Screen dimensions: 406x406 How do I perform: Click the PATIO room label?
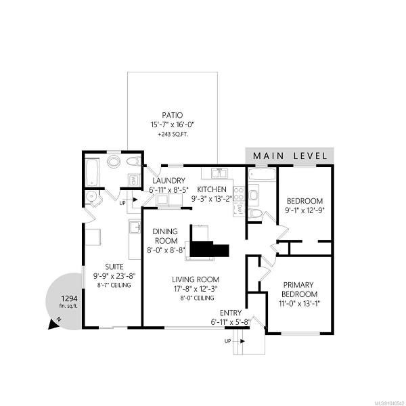pyautogui.click(x=172, y=115)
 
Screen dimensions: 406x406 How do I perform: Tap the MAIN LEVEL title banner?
pyautogui.click(x=290, y=156)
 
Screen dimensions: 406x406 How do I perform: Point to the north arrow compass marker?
pyautogui.click(x=55, y=323)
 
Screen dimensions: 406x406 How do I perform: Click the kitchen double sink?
pyautogui.click(x=220, y=173)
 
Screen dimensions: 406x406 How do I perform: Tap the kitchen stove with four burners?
pyautogui.click(x=239, y=194)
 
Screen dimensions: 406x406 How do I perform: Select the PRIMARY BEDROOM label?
pyautogui.click(x=299, y=290)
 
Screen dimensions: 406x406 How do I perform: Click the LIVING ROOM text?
pyautogui.click(x=196, y=279)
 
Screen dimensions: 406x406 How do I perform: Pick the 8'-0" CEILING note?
pyautogui.click(x=197, y=298)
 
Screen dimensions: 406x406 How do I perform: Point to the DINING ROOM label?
pyautogui.click(x=165, y=236)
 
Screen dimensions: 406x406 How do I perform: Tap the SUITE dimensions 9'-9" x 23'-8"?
pyautogui.click(x=114, y=276)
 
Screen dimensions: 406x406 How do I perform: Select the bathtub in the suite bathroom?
pyautogui.click(x=92, y=172)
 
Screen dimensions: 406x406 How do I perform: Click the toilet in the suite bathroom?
pyautogui.click(x=133, y=162)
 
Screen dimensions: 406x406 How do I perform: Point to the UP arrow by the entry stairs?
pyautogui.click(x=242, y=341)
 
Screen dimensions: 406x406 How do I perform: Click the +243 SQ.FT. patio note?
pyautogui.click(x=173, y=135)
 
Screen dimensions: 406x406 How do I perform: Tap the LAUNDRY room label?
pyautogui.click(x=168, y=181)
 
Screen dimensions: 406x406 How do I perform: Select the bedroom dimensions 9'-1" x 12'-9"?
pyautogui.click(x=304, y=210)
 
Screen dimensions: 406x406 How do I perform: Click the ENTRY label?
pyautogui.click(x=231, y=313)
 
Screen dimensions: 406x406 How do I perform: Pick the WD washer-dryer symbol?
pyautogui.click(x=135, y=179)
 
